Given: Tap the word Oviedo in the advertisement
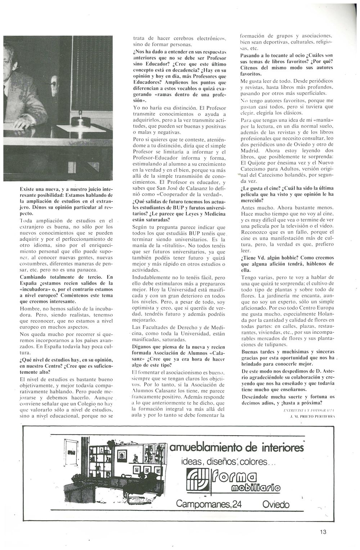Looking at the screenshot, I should tap(276, 504).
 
